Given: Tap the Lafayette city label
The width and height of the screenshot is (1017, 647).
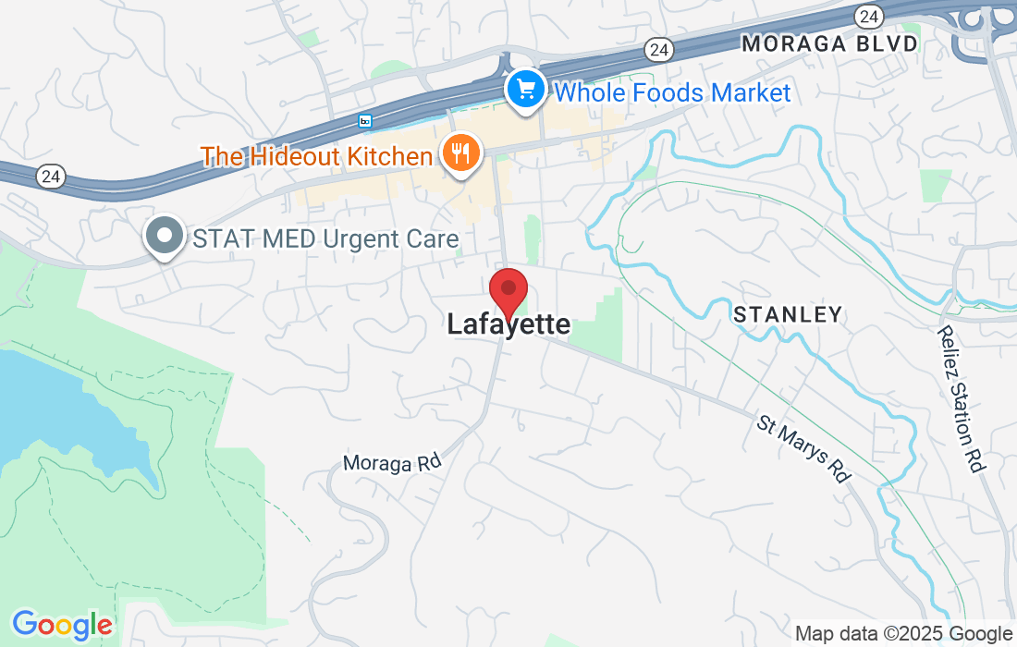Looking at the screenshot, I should point(508,324).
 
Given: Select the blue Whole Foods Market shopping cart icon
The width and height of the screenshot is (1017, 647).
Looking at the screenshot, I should point(526,91).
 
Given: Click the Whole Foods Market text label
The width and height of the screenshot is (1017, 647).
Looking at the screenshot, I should point(672,92).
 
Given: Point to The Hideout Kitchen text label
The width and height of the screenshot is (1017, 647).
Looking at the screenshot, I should point(317,156).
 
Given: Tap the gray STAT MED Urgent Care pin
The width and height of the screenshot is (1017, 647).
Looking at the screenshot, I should point(165,236).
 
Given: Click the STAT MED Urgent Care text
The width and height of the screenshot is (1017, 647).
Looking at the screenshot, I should point(325,239).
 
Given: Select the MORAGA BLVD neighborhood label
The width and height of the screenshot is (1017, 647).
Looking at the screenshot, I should point(829,43).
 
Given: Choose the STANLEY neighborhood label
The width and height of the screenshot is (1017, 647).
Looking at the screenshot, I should point(788,315).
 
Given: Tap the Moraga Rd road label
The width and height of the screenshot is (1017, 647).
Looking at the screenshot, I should point(392,461).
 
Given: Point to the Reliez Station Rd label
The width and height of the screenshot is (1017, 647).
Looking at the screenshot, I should point(959,398).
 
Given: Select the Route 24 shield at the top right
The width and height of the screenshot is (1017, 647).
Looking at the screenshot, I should point(868,15).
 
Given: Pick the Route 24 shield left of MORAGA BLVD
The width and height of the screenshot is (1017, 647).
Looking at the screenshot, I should point(660,47).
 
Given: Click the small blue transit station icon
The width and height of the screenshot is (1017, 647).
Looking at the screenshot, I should point(365,121).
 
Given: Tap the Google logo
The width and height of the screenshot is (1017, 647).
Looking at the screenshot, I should point(62,625).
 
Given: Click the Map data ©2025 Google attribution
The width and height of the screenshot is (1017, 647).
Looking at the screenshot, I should point(903,633).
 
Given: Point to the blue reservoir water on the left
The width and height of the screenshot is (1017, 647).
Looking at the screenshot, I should point(55,407).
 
